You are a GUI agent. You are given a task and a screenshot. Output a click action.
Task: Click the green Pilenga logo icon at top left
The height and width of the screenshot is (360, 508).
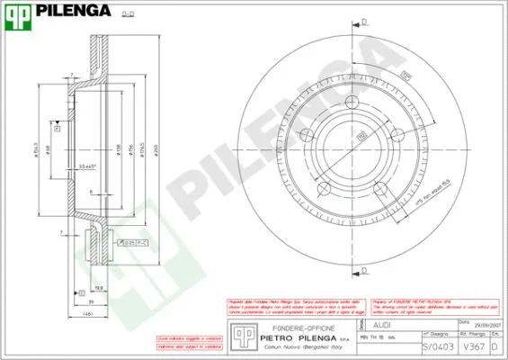click(x=18, y=11)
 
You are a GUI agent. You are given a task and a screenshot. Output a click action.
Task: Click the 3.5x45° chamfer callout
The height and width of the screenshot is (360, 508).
click(x=87, y=166)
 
